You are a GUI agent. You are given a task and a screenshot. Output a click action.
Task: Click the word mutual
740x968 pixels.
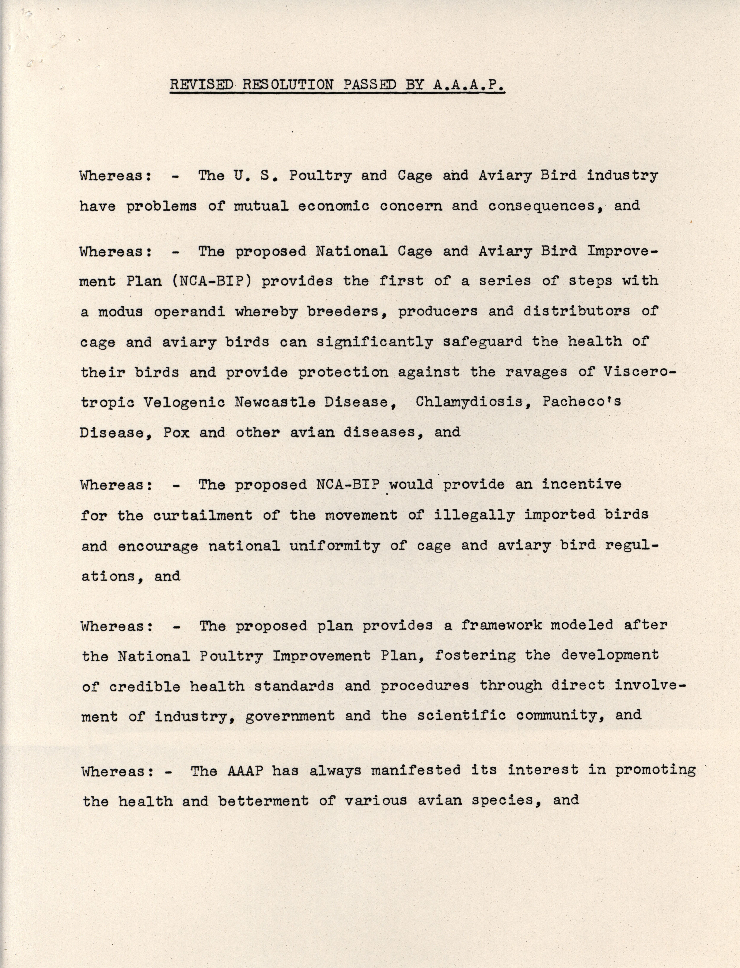click(261, 206)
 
